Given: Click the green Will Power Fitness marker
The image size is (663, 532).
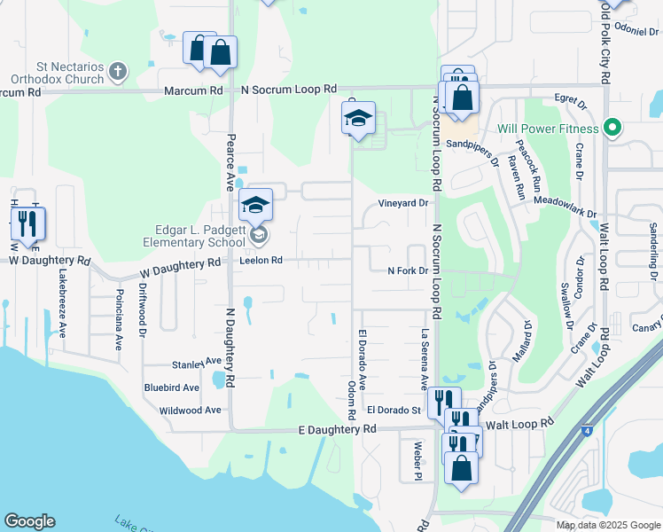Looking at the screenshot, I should [x=610, y=128].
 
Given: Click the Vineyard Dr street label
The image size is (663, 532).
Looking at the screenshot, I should [x=403, y=203].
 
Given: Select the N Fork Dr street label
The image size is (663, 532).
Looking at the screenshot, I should [x=408, y=271].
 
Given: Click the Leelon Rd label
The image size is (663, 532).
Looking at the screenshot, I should [x=261, y=261].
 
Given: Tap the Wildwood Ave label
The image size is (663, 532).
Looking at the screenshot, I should [x=190, y=411].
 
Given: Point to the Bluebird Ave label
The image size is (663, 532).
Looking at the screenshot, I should [x=172, y=387].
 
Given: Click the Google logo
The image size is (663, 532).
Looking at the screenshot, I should [x=29, y=521].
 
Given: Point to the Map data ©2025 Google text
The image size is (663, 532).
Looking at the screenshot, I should [x=607, y=525].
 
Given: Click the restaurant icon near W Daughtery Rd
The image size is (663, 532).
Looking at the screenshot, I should [x=27, y=225].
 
